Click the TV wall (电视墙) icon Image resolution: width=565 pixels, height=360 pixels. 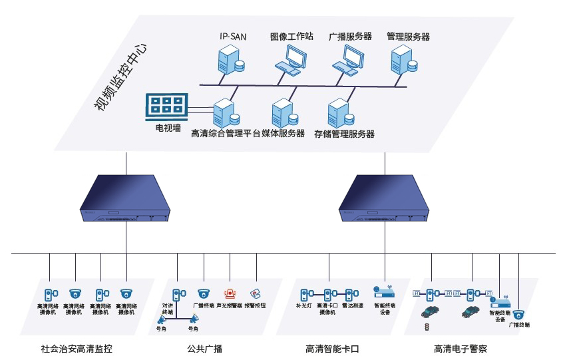pos(167,105)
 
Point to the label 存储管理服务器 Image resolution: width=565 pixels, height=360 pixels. pos(344,134)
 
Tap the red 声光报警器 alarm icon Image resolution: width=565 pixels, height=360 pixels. pos(230,293)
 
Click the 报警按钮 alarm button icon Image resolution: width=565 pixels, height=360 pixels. pos(255,293)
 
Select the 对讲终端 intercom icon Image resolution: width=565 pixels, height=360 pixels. pos(176,293)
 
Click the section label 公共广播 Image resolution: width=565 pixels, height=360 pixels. pos(205,348)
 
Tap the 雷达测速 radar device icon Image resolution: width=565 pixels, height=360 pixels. pos(350,293)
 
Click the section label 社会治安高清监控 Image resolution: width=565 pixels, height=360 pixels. pos(82,348)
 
